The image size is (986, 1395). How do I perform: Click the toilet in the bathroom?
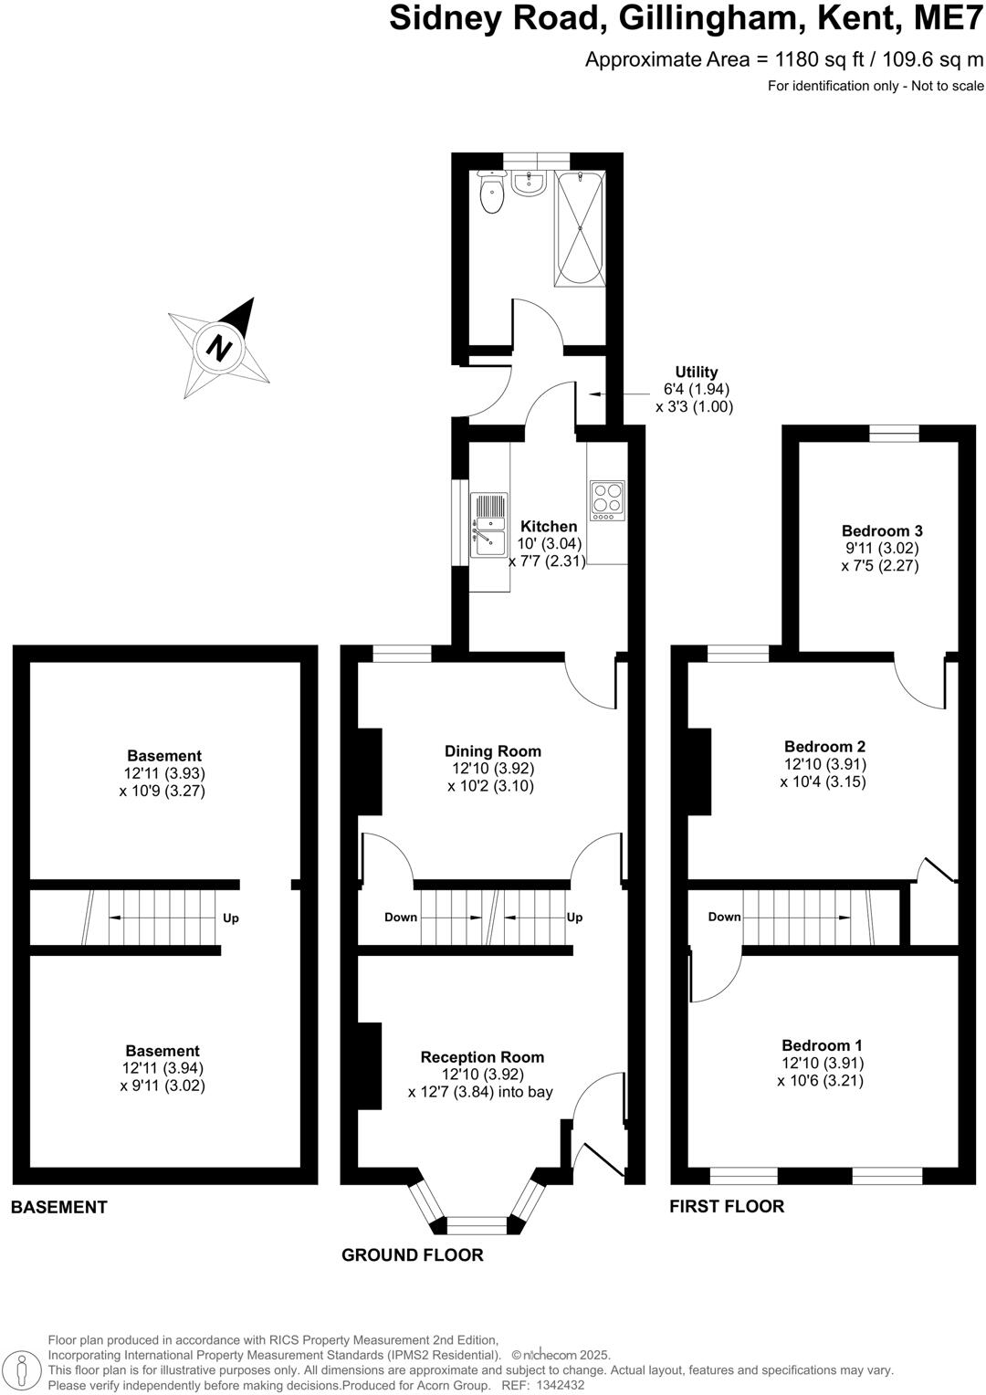491,192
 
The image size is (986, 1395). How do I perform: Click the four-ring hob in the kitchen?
607,500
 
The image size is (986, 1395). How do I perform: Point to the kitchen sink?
488,525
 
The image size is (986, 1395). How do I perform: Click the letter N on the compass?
219,346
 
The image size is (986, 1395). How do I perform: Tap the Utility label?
696,372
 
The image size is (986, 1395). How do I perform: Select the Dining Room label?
493,751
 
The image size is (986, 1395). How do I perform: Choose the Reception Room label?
482,1057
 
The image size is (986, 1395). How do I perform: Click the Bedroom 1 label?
822,1045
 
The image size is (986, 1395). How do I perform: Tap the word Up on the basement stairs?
231,918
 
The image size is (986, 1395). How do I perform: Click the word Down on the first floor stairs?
725,917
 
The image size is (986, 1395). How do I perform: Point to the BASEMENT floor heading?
59,1207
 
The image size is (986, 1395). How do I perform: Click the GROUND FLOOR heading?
413,1255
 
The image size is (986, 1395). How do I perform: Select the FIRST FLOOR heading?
727,1206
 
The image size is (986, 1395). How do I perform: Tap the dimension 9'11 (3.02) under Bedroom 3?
881,549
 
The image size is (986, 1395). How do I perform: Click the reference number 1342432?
561,1385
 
